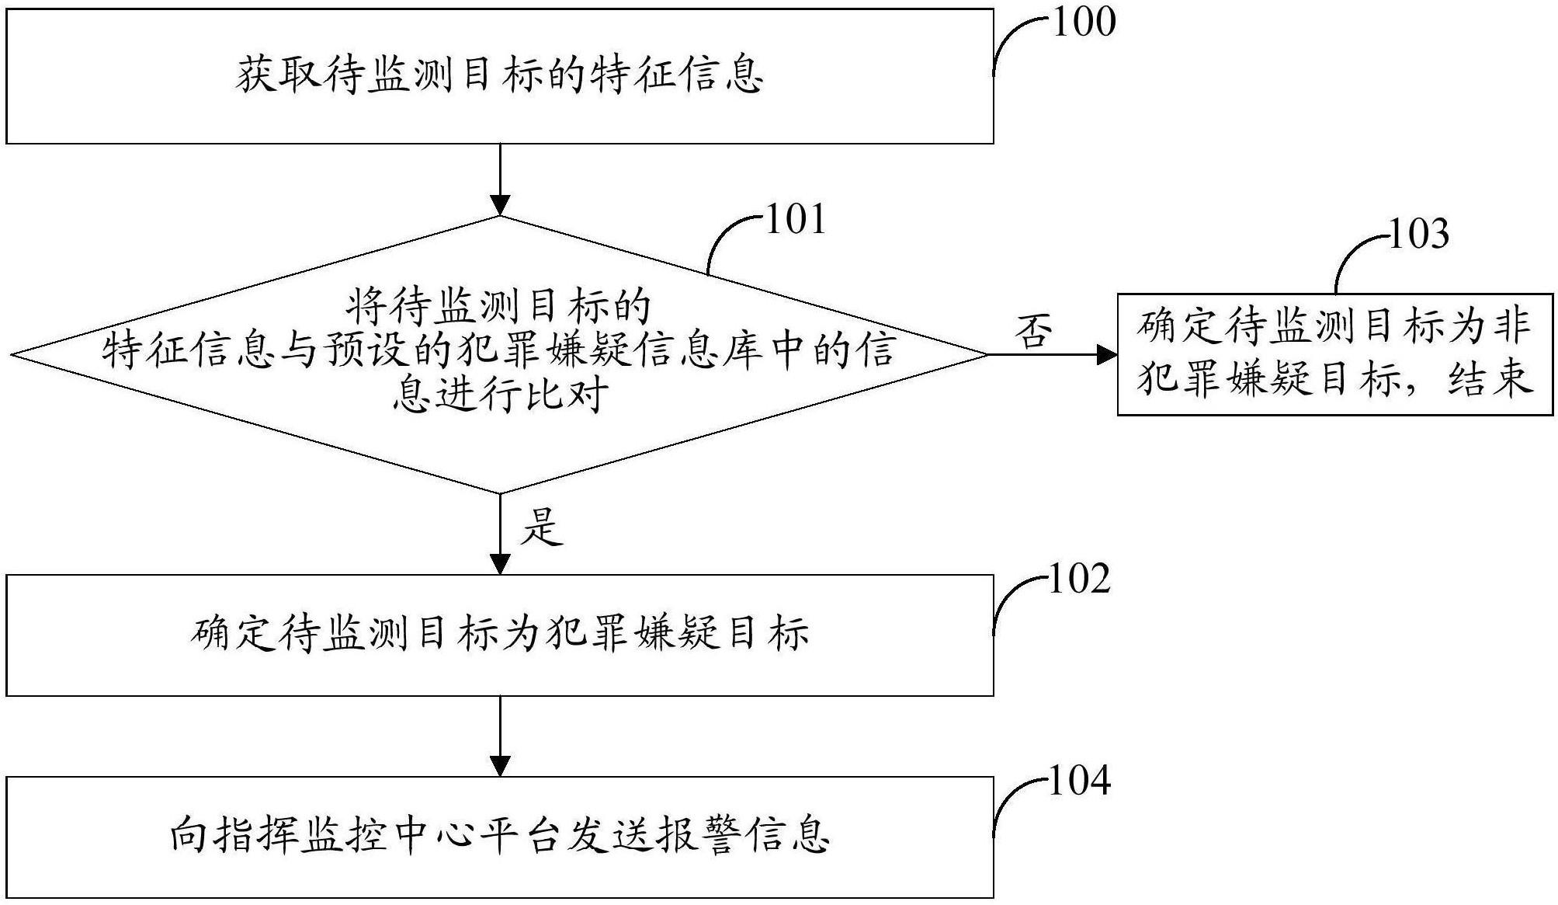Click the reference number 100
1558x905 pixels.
pyautogui.click(x=1084, y=23)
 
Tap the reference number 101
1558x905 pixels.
pyautogui.click(x=796, y=220)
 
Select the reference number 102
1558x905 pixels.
pyautogui.click(x=1079, y=580)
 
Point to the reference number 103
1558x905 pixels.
pyautogui.click(x=1417, y=234)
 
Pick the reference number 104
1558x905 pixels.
pyautogui.click(x=1079, y=781)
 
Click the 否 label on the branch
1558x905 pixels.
pyautogui.click(x=1034, y=332)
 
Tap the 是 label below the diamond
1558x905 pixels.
pyautogui.click(x=542, y=527)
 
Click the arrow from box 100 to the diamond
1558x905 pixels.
pyautogui.click(x=501, y=179)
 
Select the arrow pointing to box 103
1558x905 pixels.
pyautogui.click(x=1052, y=355)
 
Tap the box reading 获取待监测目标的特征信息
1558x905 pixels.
pyautogui.click(x=500, y=76)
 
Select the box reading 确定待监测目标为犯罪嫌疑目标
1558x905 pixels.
pyautogui.click(x=500, y=635)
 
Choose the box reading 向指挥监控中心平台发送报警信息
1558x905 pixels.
pyautogui.click(x=500, y=837)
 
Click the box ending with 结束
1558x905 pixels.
pyautogui.click(x=1334, y=354)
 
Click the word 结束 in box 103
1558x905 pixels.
pyautogui.click(x=1490, y=380)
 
